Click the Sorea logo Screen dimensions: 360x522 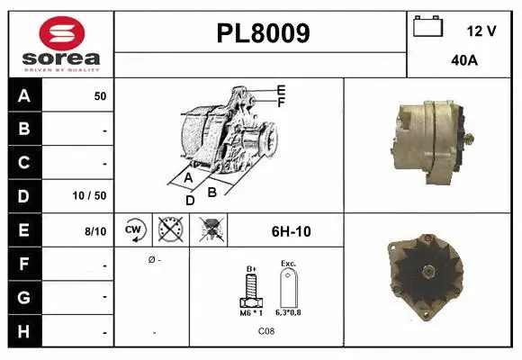point(60,44)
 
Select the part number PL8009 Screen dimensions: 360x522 point(264,33)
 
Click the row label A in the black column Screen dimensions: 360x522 point(24,96)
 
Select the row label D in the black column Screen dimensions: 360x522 point(24,195)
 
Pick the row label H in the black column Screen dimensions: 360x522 point(24,332)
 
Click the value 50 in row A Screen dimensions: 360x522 point(100,96)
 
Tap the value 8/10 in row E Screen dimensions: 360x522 point(94,231)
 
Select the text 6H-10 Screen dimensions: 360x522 point(291,231)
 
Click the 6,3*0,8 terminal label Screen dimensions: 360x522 point(289,312)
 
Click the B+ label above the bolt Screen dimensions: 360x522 point(253,268)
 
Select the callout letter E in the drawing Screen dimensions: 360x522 point(281,90)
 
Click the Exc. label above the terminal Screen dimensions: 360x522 point(288,264)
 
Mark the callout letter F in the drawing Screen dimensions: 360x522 point(281,103)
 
